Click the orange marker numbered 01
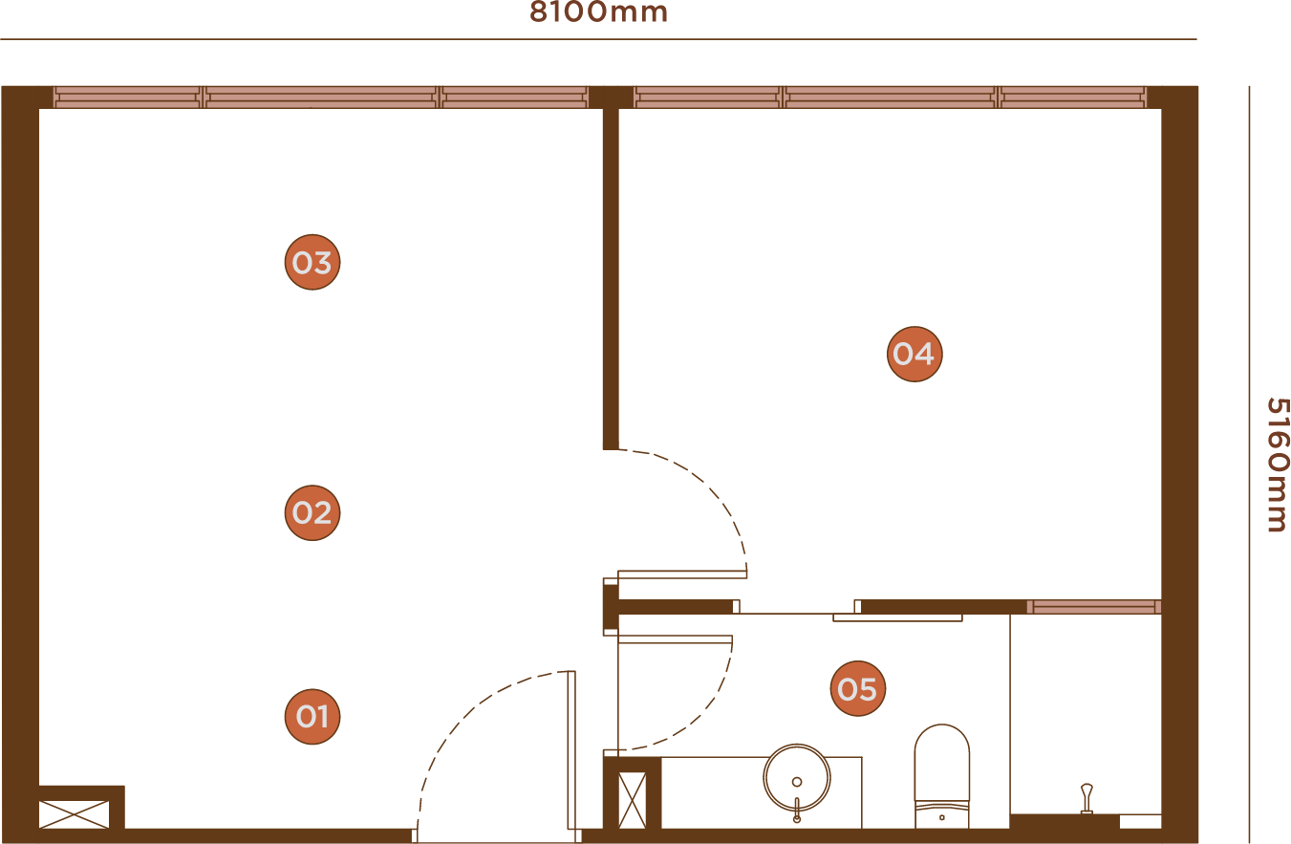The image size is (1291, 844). click(x=312, y=717)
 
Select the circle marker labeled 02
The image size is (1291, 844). click(x=312, y=513)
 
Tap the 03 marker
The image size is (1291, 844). click(x=312, y=263)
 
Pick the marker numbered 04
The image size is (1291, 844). click(x=914, y=355)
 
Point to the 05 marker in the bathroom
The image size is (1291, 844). click(x=857, y=689)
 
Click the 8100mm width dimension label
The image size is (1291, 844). click(x=599, y=13)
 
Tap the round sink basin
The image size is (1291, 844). click(x=796, y=776)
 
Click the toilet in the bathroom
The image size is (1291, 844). click(x=941, y=774)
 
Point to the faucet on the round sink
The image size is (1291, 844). click(x=797, y=809)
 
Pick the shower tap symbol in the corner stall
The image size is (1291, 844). click(x=1087, y=798)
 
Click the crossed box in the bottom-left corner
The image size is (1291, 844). click(x=75, y=813)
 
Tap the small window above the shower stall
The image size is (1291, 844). click(x=1093, y=607)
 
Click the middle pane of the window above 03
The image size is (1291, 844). click(x=321, y=97)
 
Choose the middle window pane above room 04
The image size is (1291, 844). click(x=891, y=97)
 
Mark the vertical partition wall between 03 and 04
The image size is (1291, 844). click(x=611, y=277)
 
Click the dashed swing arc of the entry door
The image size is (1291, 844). click(x=459, y=717)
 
